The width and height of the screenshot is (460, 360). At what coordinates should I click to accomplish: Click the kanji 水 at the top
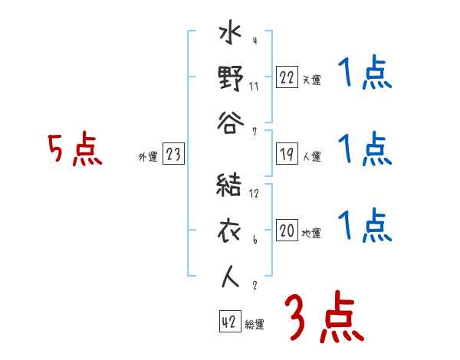click(230, 36)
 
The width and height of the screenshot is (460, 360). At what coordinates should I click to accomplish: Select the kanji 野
click(230, 77)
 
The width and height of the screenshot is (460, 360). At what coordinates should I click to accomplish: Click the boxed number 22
click(287, 77)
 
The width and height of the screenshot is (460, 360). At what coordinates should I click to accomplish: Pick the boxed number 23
click(173, 155)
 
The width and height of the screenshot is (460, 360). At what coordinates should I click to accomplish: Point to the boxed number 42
click(229, 322)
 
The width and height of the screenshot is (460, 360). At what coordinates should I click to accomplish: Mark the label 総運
click(255, 325)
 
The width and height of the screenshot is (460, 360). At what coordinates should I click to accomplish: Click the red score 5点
click(75, 150)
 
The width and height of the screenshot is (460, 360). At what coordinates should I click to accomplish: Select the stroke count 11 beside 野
click(254, 86)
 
